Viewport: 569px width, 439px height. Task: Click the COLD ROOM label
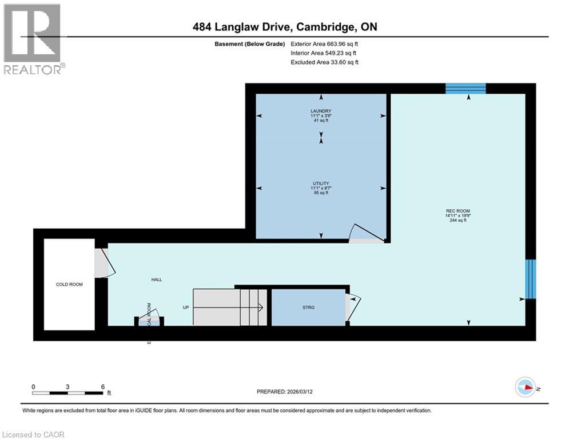click(69, 284)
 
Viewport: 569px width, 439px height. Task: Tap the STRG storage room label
click(309, 308)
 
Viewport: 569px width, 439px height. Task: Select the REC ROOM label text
click(457, 211)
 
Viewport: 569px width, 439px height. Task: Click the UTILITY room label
click(321, 183)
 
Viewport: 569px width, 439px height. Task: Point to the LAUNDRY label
click(321, 111)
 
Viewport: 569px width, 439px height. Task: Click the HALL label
click(156, 280)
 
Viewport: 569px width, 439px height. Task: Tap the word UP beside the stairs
click(185, 308)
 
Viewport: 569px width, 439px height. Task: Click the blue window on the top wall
click(465, 88)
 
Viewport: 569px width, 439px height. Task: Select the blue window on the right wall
click(531, 279)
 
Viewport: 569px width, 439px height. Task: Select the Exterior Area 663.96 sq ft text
click(325, 43)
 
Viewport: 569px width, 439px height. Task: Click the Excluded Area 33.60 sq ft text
click(324, 62)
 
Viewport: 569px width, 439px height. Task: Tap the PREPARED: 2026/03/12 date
click(284, 392)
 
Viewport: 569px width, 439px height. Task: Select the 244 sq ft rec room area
click(458, 220)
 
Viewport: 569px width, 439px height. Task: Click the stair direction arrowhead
click(260, 308)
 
